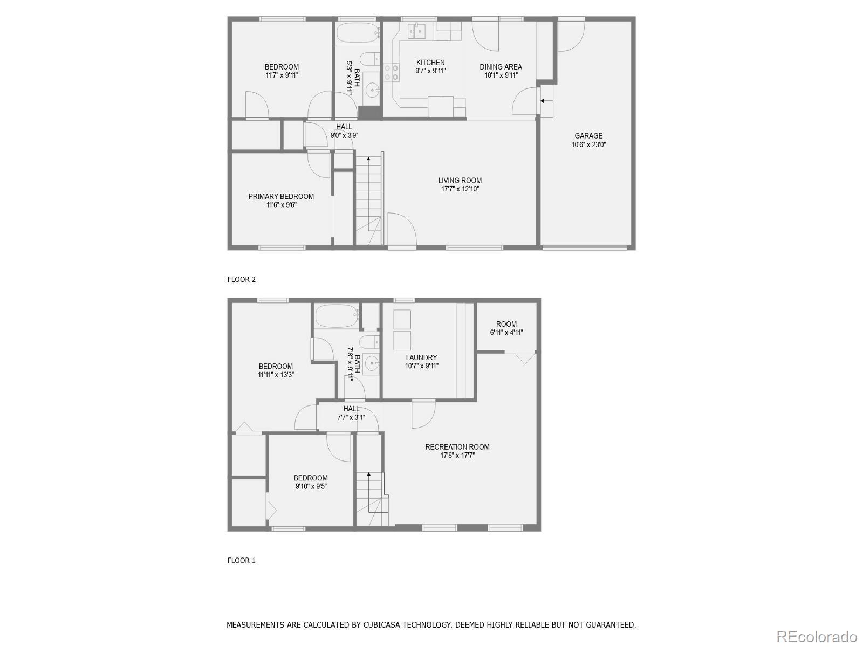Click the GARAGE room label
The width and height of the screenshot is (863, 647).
point(588,136)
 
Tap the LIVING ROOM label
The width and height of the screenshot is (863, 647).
point(460,181)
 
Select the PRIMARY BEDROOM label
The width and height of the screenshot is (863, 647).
point(281,197)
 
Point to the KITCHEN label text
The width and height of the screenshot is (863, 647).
point(430,63)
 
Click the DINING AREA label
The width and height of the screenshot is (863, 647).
point(501,67)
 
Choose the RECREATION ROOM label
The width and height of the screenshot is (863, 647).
point(457,447)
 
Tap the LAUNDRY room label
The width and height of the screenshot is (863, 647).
point(421,357)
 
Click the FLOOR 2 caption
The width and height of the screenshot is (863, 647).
point(241,279)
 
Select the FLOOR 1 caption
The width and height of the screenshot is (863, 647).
point(241,560)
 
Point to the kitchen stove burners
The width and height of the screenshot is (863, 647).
point(391,72)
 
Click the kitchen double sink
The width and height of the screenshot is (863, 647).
point(416,31)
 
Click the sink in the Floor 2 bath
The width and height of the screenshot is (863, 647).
point(372,89)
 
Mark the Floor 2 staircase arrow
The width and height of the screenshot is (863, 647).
point(368,159)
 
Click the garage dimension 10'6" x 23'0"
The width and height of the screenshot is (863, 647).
point(588,144)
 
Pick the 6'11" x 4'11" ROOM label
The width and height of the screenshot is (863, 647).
point(506,328)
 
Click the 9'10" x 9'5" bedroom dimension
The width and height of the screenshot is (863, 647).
point(311,486)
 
